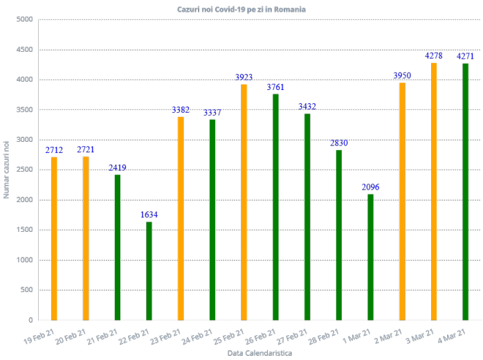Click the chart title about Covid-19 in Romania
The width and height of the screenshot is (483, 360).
tap(241, 10)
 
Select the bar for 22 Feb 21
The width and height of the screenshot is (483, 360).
tap(149, 271)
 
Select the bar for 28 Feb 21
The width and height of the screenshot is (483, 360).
tap(339, 235)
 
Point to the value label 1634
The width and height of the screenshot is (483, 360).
tap(149, 215)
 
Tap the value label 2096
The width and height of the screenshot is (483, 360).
tap(371, 188)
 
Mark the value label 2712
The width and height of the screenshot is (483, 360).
tap(55, 150)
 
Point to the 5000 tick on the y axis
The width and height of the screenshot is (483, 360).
tap(25, 19)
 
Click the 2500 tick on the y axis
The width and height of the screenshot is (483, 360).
tap(25, 170)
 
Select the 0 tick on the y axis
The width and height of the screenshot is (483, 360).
tap(30, 321)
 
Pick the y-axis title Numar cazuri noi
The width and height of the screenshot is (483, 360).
tap(6, 169)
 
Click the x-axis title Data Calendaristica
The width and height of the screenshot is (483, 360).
tap(259, 353)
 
